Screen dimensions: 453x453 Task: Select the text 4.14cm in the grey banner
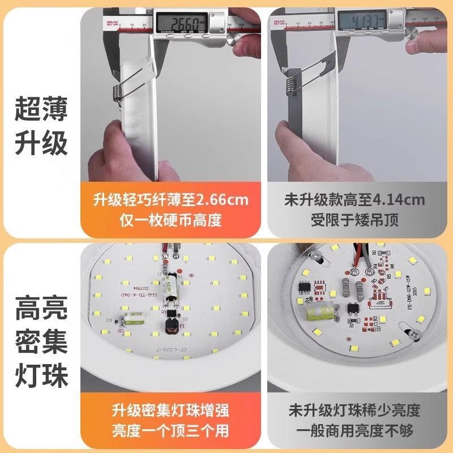(x=403, y=200)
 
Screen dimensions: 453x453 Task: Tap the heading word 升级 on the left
(x=40, y=143)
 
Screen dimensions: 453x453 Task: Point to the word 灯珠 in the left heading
(x=40, y=376)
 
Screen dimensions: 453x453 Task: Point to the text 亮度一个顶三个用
(x=170, y=429)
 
